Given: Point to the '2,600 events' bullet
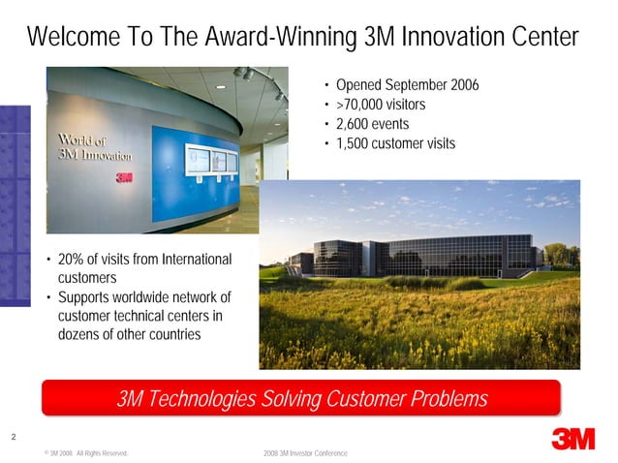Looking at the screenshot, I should (x=372, y=124).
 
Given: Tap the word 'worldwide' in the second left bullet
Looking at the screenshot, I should (x=151, y=296).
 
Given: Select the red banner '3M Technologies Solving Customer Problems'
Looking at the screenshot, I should (x=301, y=399).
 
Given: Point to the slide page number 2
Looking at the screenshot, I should (x=13, y=437).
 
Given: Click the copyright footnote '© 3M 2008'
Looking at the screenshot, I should (x=60, y=453).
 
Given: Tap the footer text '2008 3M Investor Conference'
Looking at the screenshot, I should (x=304, y=453).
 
